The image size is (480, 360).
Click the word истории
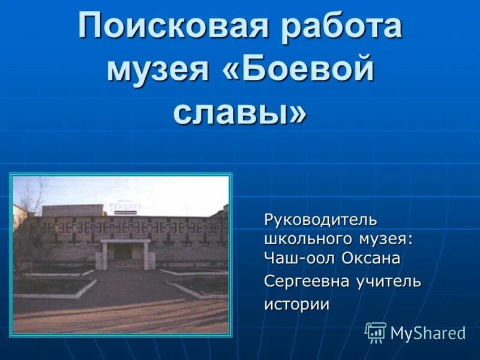point(297,304)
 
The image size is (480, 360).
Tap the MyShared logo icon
point(376,332)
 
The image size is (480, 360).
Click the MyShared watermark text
point(428,333)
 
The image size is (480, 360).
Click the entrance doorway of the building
point(123,252)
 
